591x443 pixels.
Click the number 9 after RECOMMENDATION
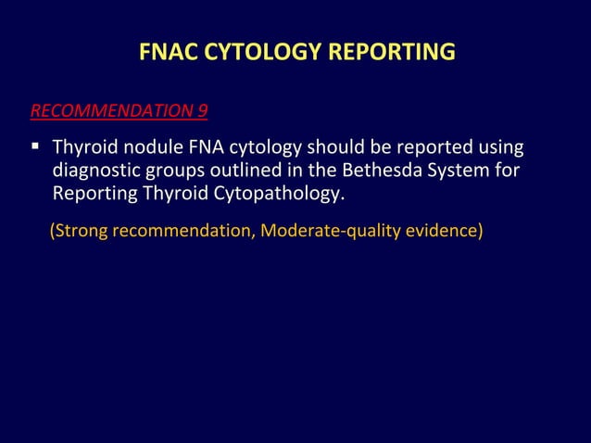coord(202,112)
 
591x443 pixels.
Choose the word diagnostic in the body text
coord(94,171)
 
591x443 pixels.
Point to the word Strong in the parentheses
coord(80,230)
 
